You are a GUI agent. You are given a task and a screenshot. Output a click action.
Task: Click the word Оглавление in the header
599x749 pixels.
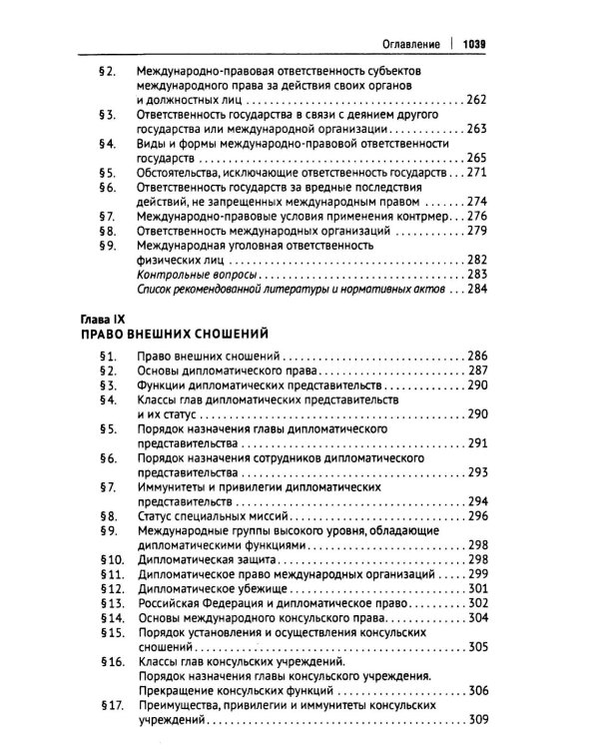click(404, 44)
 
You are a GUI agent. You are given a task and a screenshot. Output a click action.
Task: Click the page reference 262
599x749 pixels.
click(475, 100)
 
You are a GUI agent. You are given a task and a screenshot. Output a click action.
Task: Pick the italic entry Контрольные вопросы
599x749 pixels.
click(192, 274)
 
